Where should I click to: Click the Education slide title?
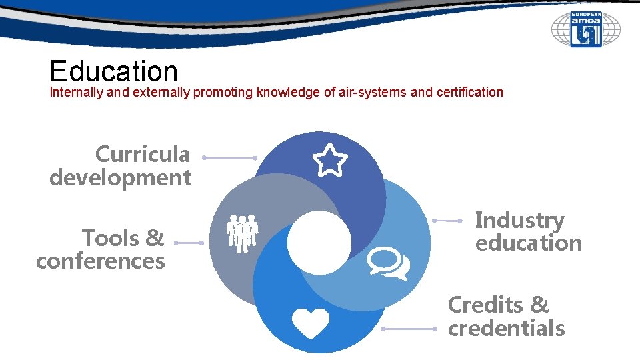click(x=114, y=71)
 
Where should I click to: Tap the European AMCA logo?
click(x=585, y=29)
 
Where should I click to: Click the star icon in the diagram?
click(x=330, y=161)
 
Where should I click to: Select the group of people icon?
click(x=242, y=233)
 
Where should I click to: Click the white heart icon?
click(x=311, y=323)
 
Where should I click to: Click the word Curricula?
click(x=143, y=155)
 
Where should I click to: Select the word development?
click(x=121, y=178)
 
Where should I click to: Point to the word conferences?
click(x=101, y=261)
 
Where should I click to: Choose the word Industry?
click(x=519, y=219)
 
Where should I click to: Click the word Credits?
click(x=485, y=305)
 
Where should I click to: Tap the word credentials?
click(x=507, y=328)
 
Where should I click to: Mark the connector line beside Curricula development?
click(x=230, y=158)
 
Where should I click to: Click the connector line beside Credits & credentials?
click(x=409, y=329)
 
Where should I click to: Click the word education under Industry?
click(x=529, y=243)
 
